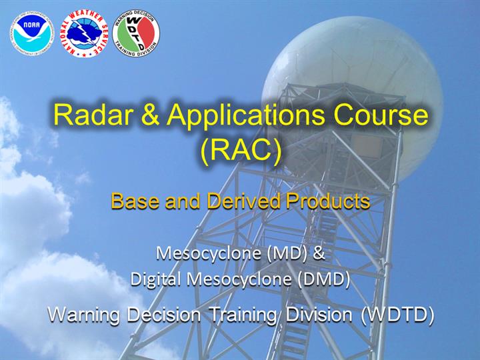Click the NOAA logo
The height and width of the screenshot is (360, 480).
tap(32, 33)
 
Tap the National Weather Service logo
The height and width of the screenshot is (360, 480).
tap(84, 33)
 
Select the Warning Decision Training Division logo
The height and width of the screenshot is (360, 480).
tap(136, 33)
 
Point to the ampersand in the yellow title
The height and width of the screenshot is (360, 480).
tap(151, 115)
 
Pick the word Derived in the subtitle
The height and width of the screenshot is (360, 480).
tap(244, 201)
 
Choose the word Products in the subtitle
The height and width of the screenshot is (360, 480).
tap(328, 201)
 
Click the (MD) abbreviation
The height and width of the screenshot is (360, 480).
tap(287, 253)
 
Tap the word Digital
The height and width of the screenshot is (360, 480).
tap(155, 279)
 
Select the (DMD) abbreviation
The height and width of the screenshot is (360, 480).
tap(324, 279)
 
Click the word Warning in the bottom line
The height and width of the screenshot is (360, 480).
tap(83, 315)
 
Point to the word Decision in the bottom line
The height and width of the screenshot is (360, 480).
tap(164, 315)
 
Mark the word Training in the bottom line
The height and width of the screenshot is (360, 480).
tap(243, 315)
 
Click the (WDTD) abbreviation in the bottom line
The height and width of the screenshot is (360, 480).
tap(397, 315)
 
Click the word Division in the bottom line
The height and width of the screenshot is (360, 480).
tap(319, 315)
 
